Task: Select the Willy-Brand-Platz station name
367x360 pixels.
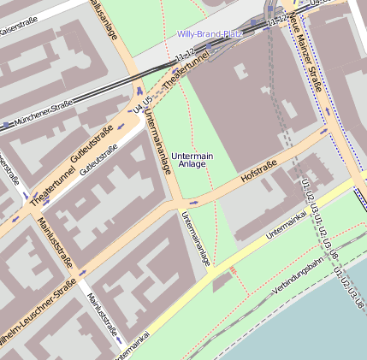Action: pyautogui.click(x=210, y=35)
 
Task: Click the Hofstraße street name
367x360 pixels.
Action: pyautogui.click(x=259, y=168)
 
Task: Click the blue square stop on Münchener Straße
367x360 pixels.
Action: pyautogui.click(x=7, y=125)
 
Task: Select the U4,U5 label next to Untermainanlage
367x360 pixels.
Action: pyautogui.click(x=142, y=108)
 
